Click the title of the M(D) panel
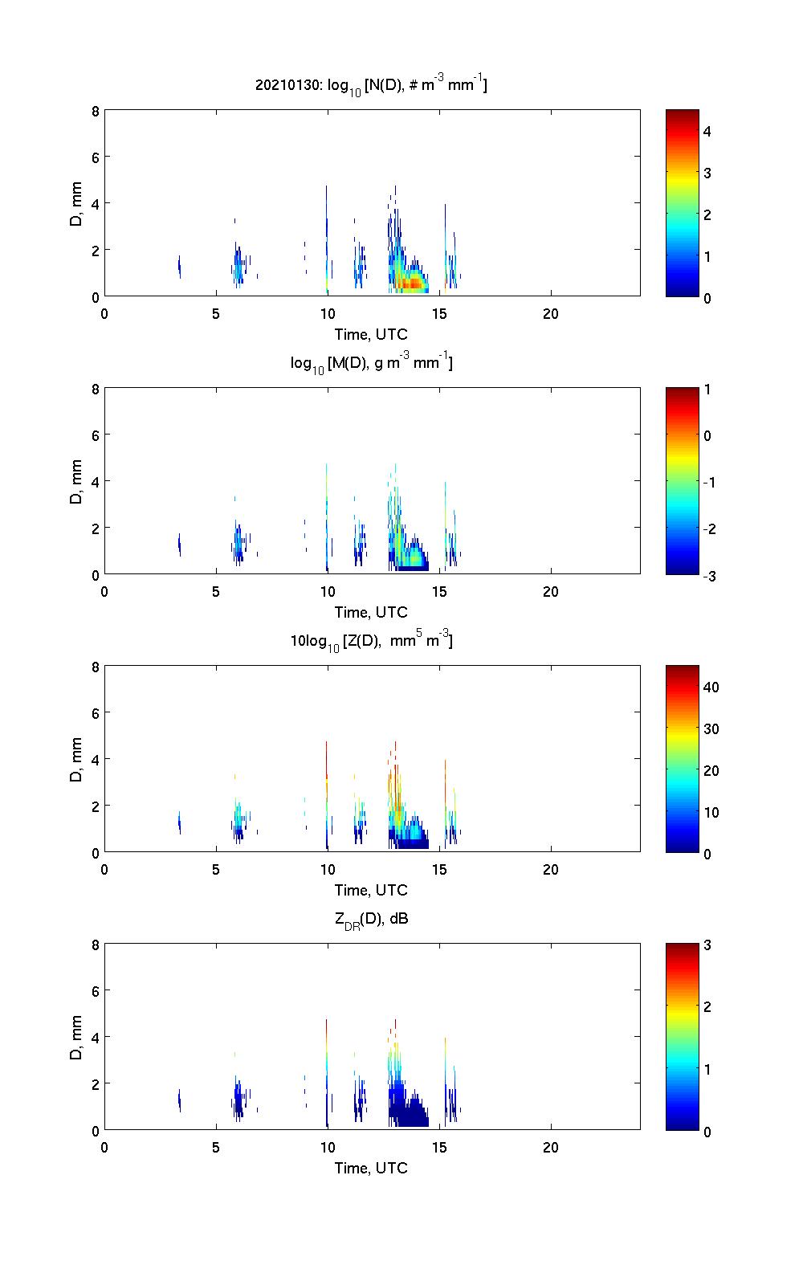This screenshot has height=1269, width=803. pyautogui.click(x=371, y=363)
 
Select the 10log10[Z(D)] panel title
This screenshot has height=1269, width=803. pyautogui.click(x=371, y=640)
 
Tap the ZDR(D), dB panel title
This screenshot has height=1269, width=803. pyautogui.click(x=371, y=919)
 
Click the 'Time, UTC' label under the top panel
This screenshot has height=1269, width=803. pyautogui.click(x=371, y=335)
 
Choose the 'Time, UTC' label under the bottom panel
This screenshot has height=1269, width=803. pyautogui.click(x=371, y=1168)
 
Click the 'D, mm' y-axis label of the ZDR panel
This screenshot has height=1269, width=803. pyautogui.click(x=76, y=1038)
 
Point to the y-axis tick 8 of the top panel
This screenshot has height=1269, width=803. pyautogui.click(x=95, y=111)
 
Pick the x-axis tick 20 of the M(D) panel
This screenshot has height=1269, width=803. pyautogui.click(x=551, y=591)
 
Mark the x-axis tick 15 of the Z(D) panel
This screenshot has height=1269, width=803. pyautogui.click(x=439, y=869)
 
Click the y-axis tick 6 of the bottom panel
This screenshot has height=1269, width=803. pyautogui.click(x=95, y=990)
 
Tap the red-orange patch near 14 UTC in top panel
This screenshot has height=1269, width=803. pyautogui.click(x=411, y=284)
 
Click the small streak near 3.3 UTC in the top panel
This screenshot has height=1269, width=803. pyautogui.click(x=179, y=267)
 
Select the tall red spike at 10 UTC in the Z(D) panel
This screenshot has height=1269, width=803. pyautogui.click(x=327, y=759)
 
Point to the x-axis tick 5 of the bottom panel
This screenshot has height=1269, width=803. pyautogui.click(x=216, y=1147)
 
